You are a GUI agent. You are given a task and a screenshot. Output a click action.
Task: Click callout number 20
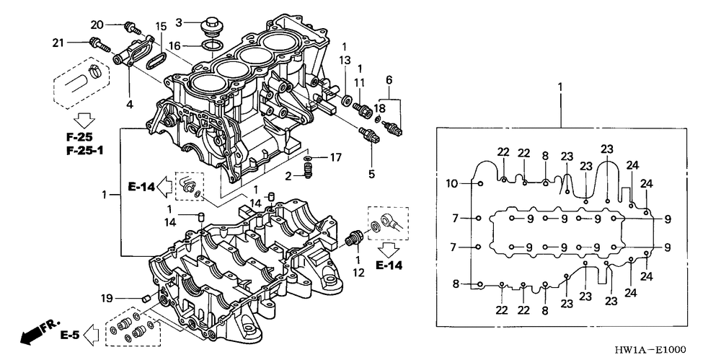point(97,25)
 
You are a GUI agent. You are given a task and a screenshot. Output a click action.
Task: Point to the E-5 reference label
point(69,335)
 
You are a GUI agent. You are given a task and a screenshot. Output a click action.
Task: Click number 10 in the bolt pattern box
point(451,183)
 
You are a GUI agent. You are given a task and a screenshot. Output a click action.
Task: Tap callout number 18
point(379,107)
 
